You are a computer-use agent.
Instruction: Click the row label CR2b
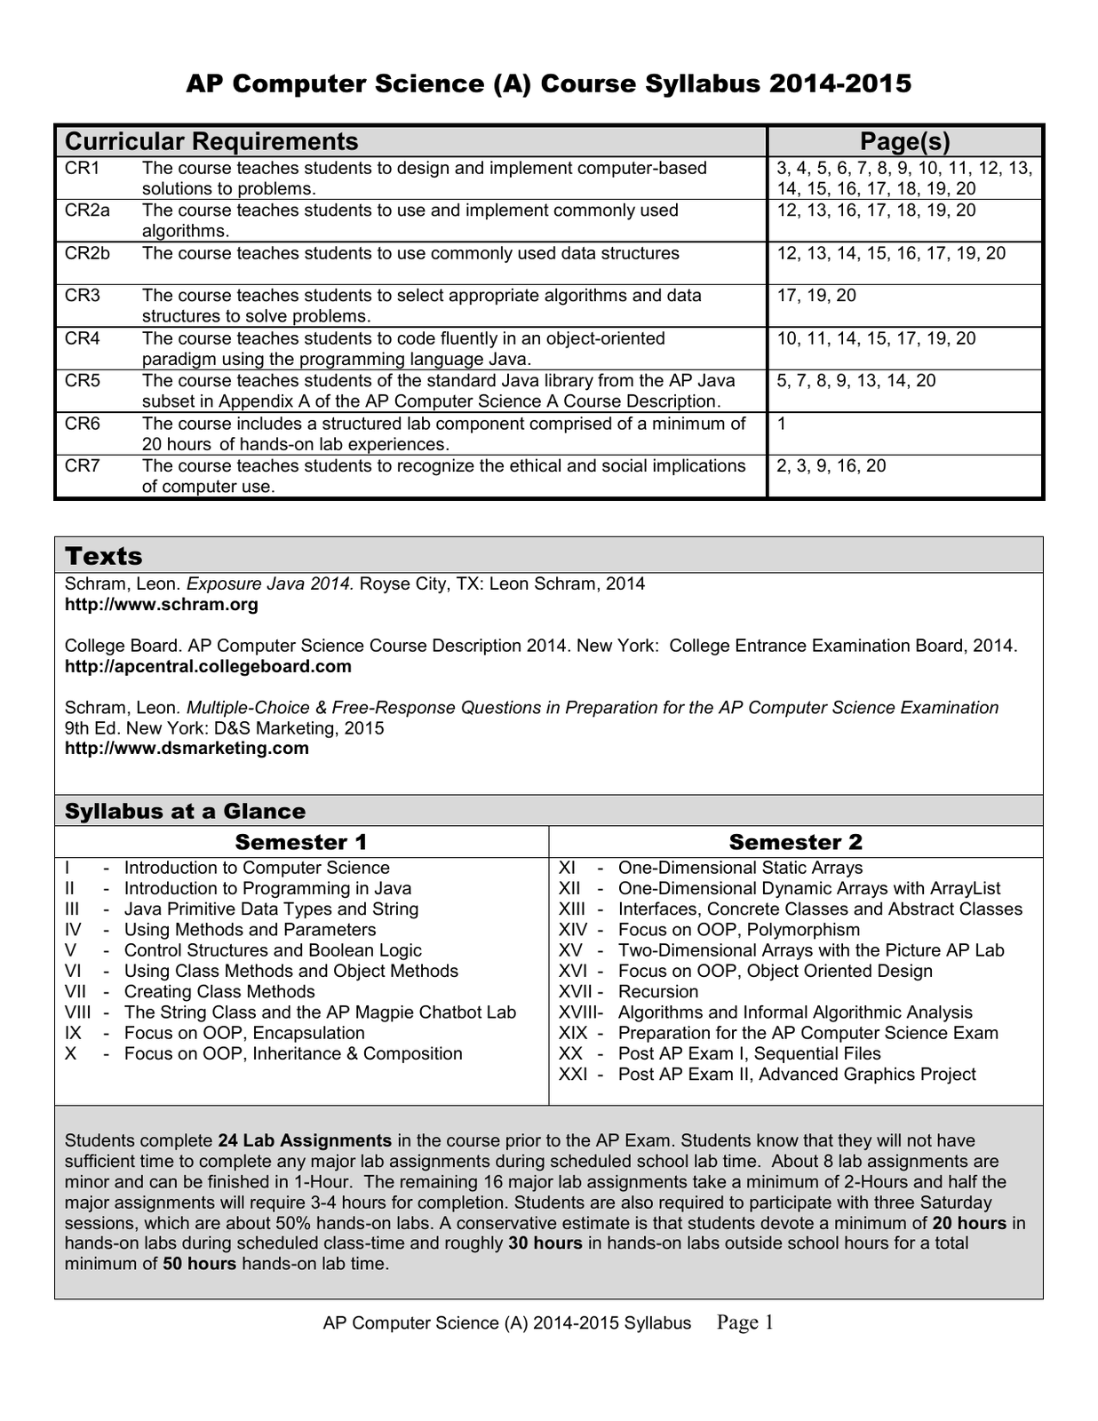87,253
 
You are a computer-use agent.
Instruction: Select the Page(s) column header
904,141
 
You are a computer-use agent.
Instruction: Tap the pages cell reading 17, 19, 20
816,296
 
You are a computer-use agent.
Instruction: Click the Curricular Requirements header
211,141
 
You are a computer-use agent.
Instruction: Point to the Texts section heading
104,556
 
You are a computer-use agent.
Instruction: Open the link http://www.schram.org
162,605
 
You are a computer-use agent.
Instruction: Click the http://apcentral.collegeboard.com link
208,666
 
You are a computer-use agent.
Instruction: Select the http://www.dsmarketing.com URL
187,748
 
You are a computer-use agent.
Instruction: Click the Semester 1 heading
300,842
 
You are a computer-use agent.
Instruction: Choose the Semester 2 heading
795,842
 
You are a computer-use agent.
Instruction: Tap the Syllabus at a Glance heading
185,811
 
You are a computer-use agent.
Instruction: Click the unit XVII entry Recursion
657,992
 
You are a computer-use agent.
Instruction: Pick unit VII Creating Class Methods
219,992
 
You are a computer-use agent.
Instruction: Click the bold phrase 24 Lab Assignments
305,1140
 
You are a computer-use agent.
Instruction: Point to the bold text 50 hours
200,1264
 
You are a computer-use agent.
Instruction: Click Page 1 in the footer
744,1323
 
